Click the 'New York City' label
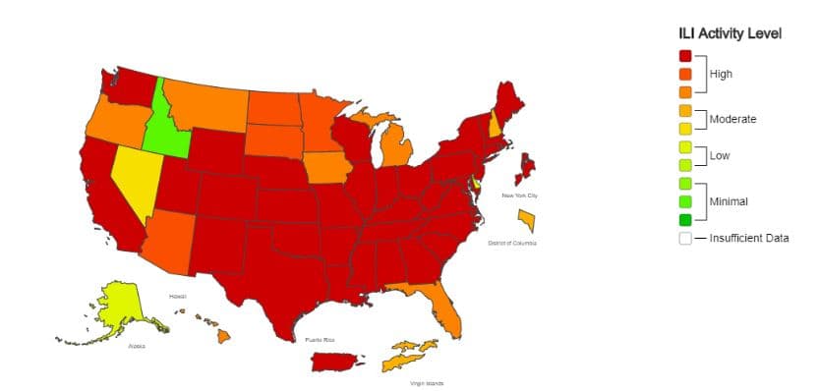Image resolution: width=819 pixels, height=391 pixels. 519,195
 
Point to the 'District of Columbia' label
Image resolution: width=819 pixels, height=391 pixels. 511,243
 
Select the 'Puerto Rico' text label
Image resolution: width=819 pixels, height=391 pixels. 320,339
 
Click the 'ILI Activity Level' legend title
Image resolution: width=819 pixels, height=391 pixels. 730,33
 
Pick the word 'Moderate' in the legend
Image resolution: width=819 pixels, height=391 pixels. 732,119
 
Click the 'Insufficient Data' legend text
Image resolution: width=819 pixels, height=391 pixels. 749,238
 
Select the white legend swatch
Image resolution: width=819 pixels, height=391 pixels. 684,238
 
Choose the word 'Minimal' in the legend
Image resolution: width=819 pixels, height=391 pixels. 729,201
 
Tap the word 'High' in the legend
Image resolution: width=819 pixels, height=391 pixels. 721,74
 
